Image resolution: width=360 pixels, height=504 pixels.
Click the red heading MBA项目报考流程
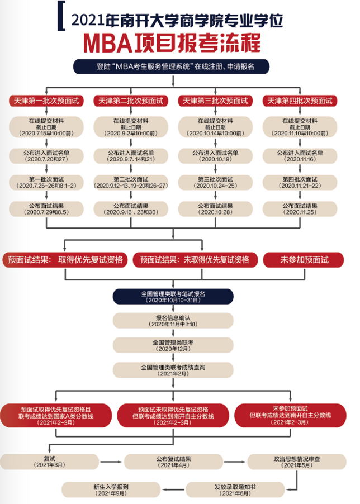point(180,42)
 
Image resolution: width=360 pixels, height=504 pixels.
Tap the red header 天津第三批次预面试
point(215,101)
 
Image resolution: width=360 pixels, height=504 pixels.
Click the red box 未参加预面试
point(305,259)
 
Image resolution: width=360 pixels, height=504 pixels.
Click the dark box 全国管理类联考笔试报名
point(173,297)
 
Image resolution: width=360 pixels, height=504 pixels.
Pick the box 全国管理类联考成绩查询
point(173,369)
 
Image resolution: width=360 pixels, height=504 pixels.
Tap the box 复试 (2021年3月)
point(50,461)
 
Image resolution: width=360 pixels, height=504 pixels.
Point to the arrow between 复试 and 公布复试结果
point(112,462)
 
